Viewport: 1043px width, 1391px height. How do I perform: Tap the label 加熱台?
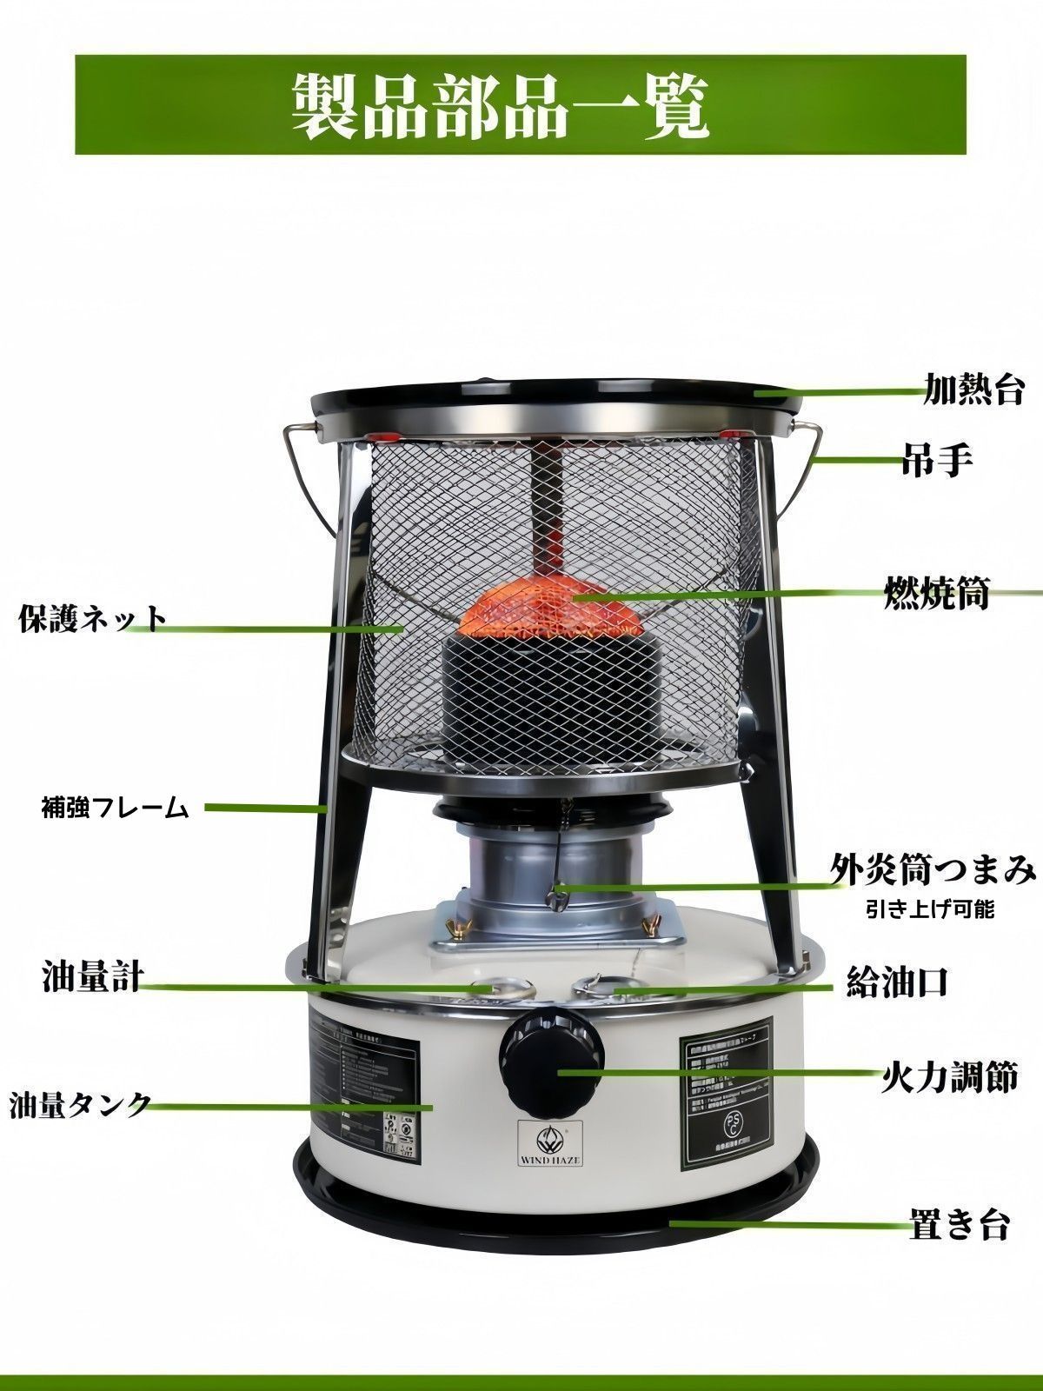coord(973,389)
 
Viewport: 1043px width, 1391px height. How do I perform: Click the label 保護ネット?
coord(92,619)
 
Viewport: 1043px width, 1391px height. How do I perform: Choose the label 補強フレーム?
coord(115,808)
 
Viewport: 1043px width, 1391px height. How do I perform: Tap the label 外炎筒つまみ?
coord(933,869)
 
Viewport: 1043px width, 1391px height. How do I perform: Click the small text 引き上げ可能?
coord(930,910)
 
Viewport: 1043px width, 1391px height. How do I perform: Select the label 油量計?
coord(92,978)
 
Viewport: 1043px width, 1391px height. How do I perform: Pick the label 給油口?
coord(896,982)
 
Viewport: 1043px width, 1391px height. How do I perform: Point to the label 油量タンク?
coord(80,1105)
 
